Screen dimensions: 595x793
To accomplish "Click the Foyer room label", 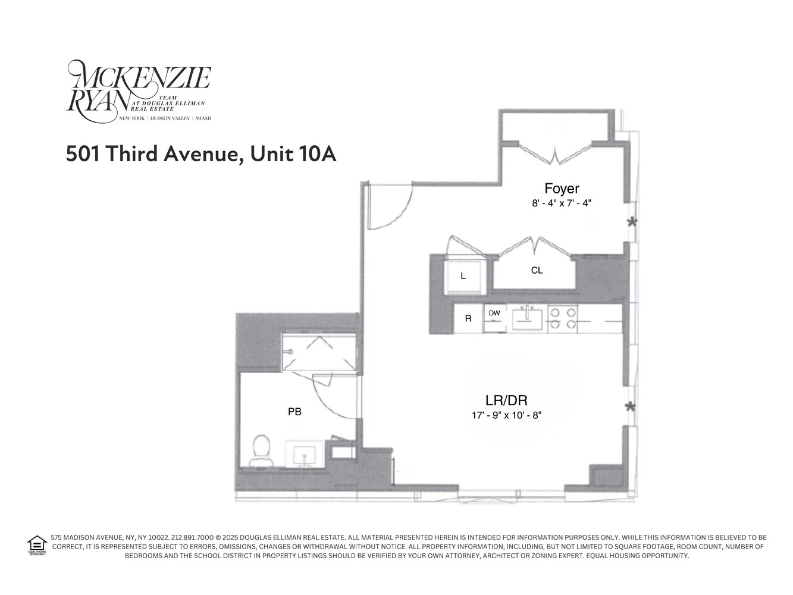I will pyautogui.click(x=562, y=189).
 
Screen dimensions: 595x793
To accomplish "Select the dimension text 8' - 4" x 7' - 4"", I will pyautogui.click(x=562, y=203).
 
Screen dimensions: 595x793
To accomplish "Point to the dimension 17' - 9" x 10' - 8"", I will pyautogui.click(x=506, y=415).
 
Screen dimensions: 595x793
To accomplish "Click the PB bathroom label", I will pyautogui.click(x=294, y=411).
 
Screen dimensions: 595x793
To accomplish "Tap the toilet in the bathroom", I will pyautogui.click(x=261, y=450).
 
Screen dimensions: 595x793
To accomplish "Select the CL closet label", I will pyautogui.click(x=537, y=271).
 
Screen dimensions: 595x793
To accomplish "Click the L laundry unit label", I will pyautogui.click(x=463, y=277).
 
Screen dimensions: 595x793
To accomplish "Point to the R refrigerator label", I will pyautogui.click(x=468, y=318).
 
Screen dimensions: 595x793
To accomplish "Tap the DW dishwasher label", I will pyautogui.click(x=494, y=313).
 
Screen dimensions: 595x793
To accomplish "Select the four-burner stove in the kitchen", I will pyautogui.click(x=563, y=318).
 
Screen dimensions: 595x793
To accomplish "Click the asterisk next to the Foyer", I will pyautogui.click(x=631, y=223).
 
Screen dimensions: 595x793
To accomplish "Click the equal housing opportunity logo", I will pyautogui.click(x=37, y=545).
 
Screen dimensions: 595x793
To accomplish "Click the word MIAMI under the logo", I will pyautogui.click(x=203, y=118).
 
